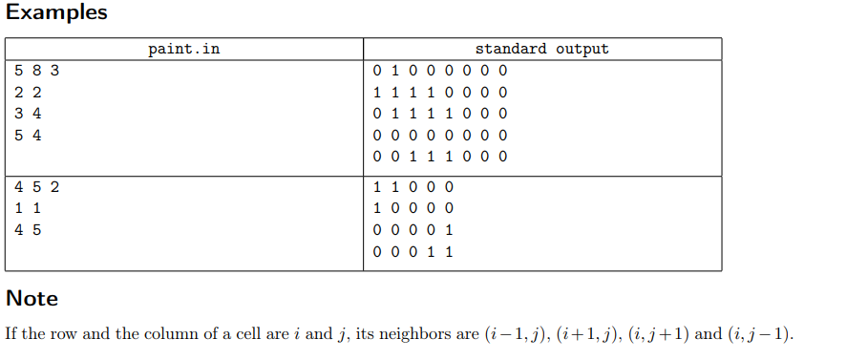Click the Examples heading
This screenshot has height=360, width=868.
coord(56,13)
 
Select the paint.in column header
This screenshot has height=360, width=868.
coord(183,49)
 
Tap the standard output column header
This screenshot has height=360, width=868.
coord(541,49)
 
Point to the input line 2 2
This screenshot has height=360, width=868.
coord(29,93)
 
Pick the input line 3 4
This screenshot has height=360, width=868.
coord(29,114)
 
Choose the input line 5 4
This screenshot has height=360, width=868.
coord(29,135)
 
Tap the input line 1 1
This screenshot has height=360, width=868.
coord(29,207)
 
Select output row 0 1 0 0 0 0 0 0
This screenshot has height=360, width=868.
coord(440,71)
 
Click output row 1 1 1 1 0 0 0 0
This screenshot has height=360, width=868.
coord(440,93)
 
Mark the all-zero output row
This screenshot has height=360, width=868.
coord(440,135)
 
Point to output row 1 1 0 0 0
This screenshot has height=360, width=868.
coord(413,186)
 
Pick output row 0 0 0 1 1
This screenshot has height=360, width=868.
coord(413,251)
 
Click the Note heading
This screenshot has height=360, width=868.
coord(32,298)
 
